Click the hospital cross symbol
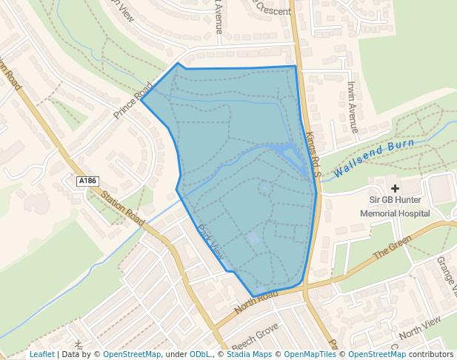point(395,189)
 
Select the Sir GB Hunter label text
point(395,201)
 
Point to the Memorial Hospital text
point(395,213)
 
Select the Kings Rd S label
point(311,154)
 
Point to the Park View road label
point(210,242)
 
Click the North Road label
point(256,300)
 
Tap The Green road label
point(391,247)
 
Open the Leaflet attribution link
point(41,354)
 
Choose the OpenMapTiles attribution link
point(311,354)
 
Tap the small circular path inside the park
point(265,188)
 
